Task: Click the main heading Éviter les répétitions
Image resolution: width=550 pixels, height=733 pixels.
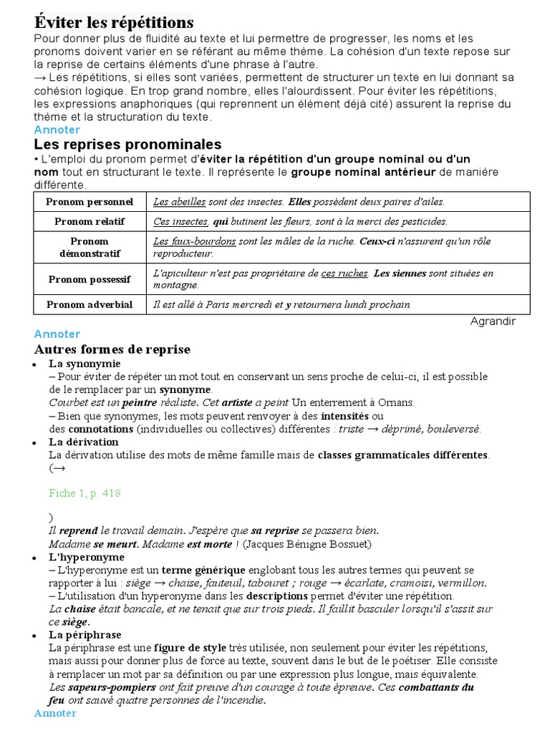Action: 114,22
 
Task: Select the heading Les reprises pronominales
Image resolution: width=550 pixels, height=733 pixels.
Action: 127,145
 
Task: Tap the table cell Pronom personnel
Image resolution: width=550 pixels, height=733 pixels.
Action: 90,202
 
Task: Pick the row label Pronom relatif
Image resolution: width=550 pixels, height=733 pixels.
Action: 90,221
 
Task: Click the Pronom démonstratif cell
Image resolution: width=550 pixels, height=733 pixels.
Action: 90,247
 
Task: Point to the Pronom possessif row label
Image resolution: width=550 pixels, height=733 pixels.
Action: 90,279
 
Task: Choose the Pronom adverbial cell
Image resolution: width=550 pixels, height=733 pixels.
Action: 90,304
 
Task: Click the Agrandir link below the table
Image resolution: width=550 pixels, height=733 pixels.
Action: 493,321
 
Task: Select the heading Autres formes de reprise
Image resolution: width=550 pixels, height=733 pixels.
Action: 112,349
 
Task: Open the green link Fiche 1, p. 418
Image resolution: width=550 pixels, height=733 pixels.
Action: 85,493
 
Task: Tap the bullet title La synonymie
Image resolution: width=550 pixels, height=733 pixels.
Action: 85,364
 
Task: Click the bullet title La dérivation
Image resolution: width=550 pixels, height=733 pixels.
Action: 84,442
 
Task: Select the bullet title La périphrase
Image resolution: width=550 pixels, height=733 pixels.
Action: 85,634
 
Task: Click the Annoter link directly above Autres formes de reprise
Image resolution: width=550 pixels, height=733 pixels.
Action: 57,334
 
